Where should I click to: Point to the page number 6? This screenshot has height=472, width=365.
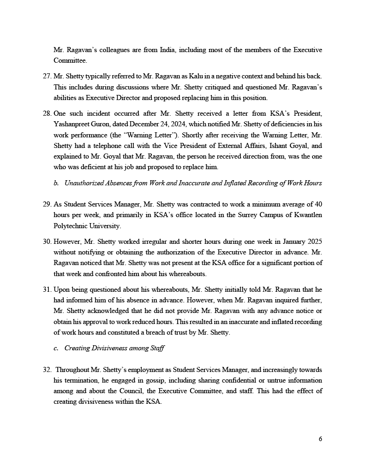[x=320, y=439]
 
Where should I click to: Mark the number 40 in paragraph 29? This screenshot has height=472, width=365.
[x=317, y=204]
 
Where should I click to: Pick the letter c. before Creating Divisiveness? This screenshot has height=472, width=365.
[x=56, y=348]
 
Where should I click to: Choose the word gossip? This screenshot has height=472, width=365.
[x=151, y=380]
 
